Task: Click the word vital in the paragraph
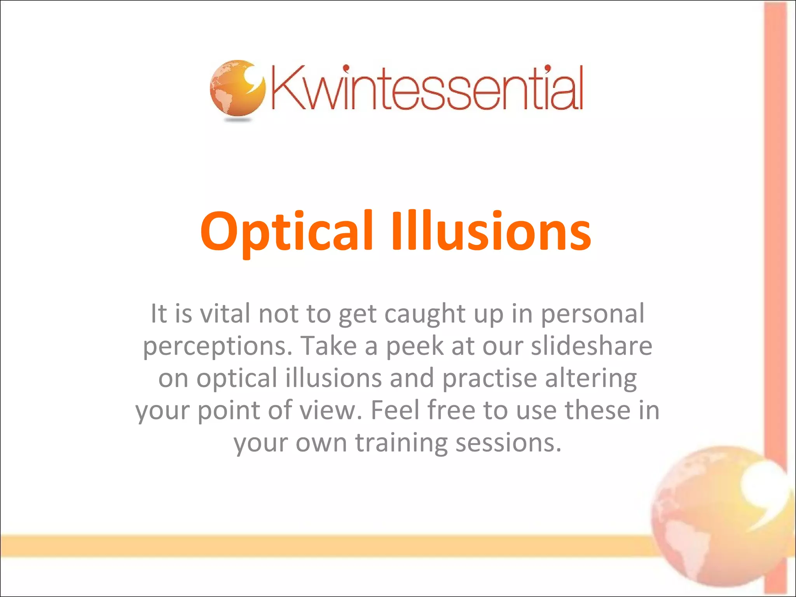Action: point(225,313)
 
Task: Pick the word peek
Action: point(414,346)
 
